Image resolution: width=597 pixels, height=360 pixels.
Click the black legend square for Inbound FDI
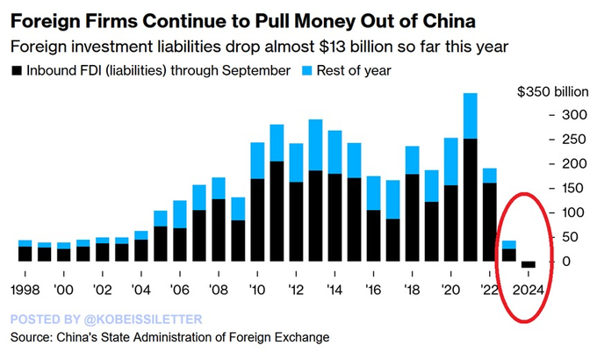[17, 71]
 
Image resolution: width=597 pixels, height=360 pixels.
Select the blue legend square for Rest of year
[307, 71]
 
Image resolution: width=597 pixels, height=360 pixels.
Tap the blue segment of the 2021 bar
[471, 116]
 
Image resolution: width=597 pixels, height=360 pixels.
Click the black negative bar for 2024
[529, 264]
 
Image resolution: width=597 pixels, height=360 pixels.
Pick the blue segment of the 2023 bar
[509, 245]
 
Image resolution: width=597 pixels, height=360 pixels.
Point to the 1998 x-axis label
[25, 291]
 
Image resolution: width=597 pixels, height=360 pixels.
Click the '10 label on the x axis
[257, 291]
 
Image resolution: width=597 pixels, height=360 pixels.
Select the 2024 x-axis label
[529, 291]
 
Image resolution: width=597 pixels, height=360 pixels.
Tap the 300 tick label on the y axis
[574, 115]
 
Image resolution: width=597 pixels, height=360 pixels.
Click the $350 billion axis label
[553, 92]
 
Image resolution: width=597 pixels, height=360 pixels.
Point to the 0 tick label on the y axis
[566, 262]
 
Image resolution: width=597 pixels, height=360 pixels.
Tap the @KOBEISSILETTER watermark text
[143, 320]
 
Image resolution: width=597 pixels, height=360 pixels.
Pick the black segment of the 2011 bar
[277, 212]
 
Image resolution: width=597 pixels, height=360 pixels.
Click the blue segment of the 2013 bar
[316, 145]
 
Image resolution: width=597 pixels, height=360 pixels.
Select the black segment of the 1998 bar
[25, 254]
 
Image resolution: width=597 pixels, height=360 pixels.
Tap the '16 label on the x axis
[373, 291]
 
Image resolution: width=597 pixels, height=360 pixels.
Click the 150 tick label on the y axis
[574, 188]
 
